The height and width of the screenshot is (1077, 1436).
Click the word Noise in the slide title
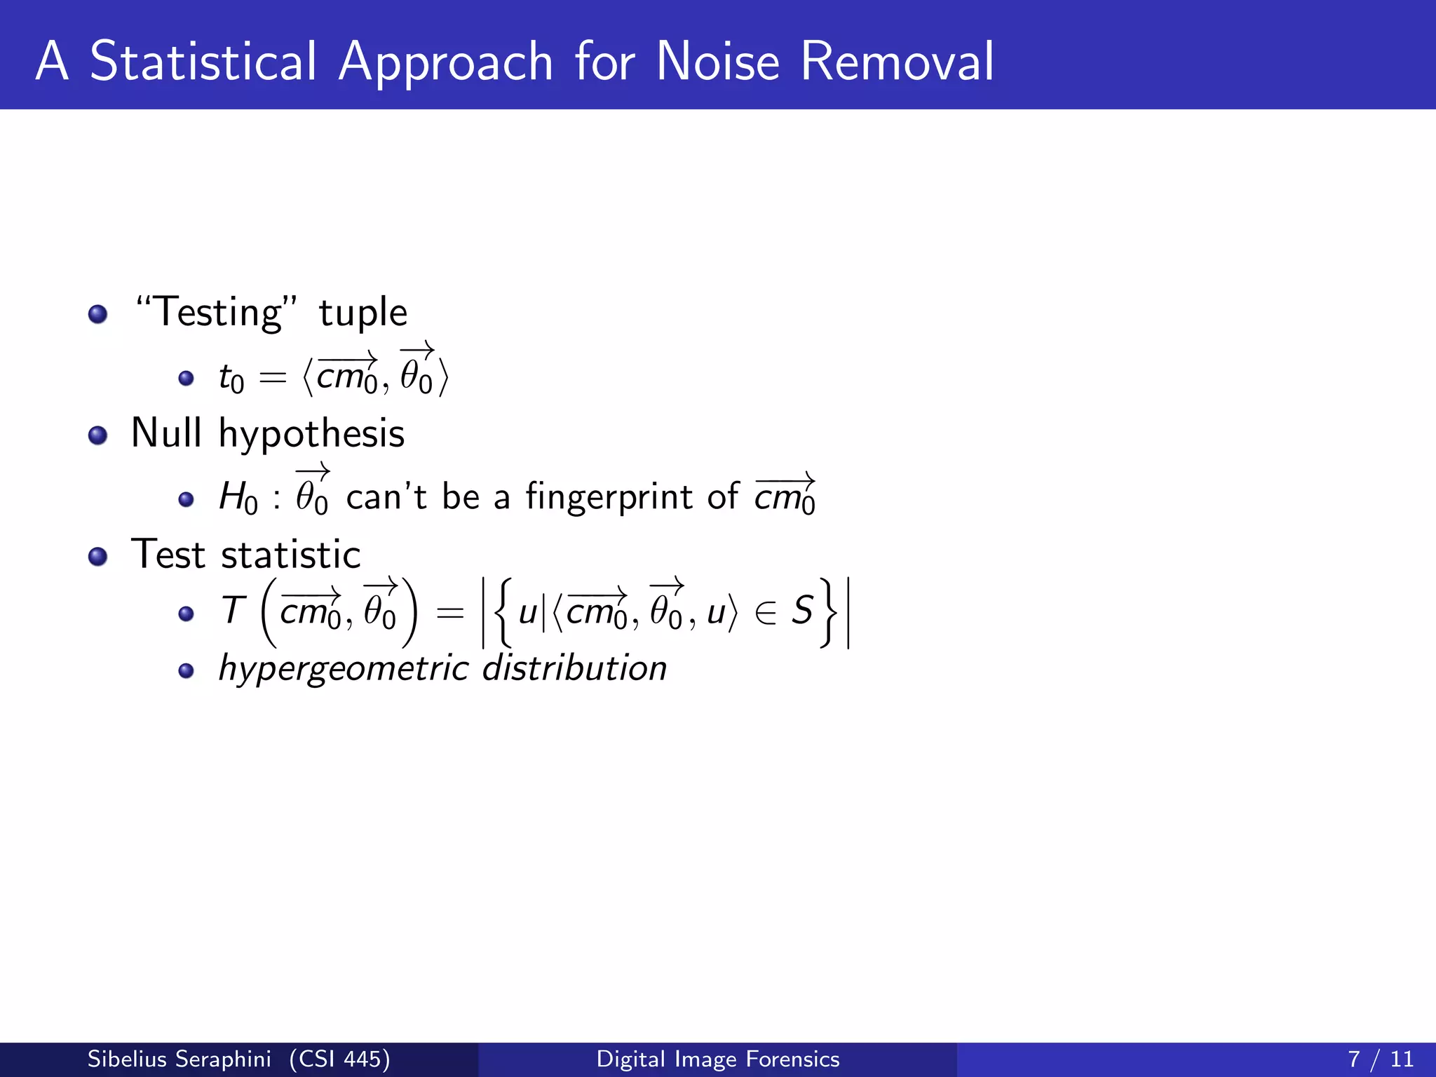coord(717,62)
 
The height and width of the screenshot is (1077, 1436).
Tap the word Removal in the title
coord(897,62)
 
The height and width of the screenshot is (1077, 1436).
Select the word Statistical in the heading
coord(203,62)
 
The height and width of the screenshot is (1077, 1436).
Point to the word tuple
coord(363,313)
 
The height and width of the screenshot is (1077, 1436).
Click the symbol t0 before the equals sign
coord(231,379)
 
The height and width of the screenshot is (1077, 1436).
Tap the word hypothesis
coord(311,434)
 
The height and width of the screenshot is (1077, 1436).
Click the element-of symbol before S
coord(766,613)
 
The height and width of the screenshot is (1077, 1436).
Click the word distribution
coord(574,668)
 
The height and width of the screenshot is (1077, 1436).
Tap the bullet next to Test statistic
coord(98,557)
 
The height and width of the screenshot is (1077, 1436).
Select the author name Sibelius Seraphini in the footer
coord(179,1059)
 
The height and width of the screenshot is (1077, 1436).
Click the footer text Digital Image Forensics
coord(717,1059)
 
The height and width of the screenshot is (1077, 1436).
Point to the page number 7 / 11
coord(1380,1059)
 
